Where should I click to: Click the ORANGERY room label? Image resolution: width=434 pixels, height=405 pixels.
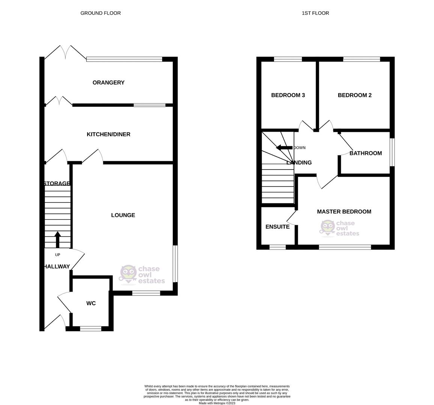pyautogui.click(x=108, y=82)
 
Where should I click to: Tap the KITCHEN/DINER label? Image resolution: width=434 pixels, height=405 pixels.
pyautogui.click(x=108, y=134)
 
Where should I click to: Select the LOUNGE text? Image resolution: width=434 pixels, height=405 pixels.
pyautogui.click(x=123, y=215)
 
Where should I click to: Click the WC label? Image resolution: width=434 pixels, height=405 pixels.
pyautogui.click(x=91, y=303)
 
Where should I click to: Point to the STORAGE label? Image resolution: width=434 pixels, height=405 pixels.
pyautogui.click(x=57, y=183)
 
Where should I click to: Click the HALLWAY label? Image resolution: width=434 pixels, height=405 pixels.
pyautogui.click(x=56, y=267)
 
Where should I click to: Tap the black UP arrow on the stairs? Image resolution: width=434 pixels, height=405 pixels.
pyautogui.click(x=57, y=240)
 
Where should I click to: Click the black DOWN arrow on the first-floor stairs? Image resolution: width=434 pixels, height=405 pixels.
pyautogui.click(x=284, y=147)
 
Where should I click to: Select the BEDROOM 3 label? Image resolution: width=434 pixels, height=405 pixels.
pyautogui.click(x=288, y=95)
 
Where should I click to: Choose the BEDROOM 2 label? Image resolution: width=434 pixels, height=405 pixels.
pyautogui.click(x=354, y=95)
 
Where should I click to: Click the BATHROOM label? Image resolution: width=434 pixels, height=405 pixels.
pyautogui.click(x=365, y=153)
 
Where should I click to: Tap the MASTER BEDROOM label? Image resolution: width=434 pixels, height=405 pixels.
pyautogui.click(x=344, y=211)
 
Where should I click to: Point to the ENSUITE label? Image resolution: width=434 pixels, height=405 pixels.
pyautogui.click(x=277, y=227)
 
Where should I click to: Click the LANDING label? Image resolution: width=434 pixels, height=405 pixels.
pyautogui.click(x=299, y=163)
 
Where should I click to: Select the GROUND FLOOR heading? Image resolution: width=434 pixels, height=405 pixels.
pyautogui.click(x=101, y=13)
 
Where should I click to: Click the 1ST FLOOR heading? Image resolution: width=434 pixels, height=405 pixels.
pyautogui.click(x=315, y=13)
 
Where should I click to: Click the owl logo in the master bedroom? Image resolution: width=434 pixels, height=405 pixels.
pyautogui.click(x=327, y=228)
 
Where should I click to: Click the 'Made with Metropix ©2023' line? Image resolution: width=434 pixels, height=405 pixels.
pyautogui.click(x=217, y=403)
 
